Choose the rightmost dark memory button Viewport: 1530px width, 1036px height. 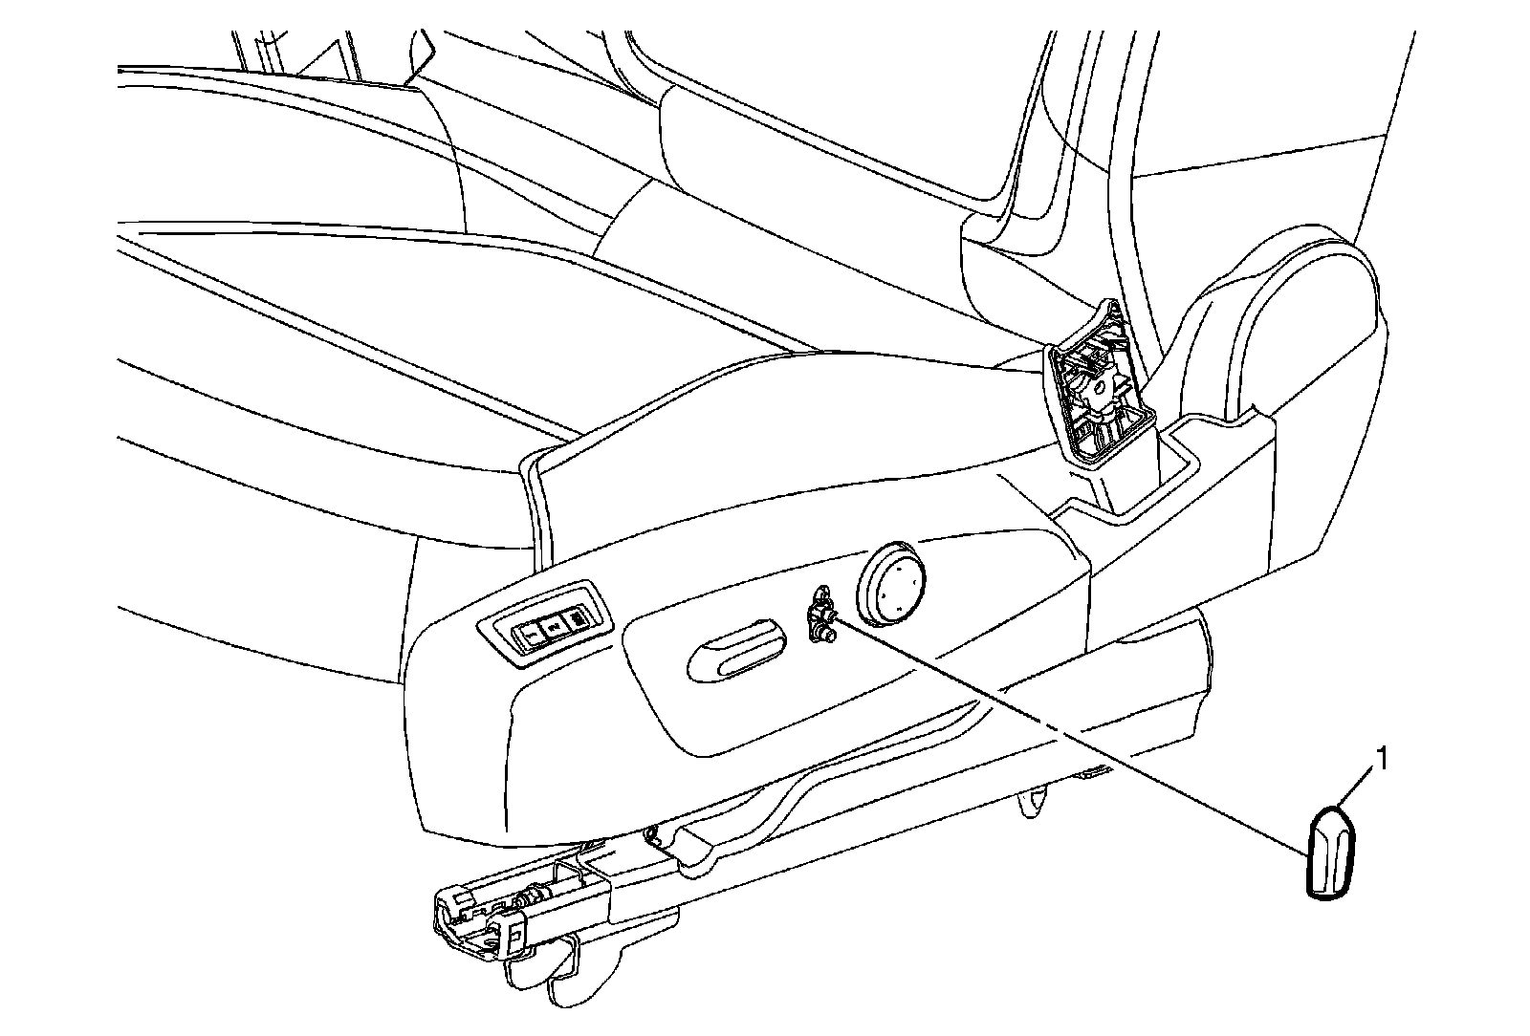[x=579, y=622]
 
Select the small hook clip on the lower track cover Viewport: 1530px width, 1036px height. [x=656, y=836]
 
